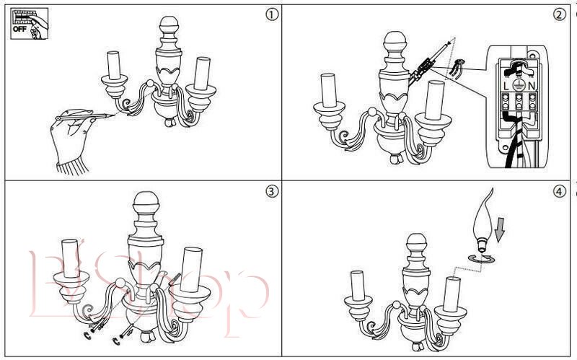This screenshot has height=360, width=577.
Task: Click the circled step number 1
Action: point(272,14)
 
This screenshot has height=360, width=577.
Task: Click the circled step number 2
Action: point(560,14)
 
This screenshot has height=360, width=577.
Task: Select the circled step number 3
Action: point(272,191)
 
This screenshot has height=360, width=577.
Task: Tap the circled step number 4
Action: point(560,191)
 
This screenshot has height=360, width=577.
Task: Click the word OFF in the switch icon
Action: point(19,29)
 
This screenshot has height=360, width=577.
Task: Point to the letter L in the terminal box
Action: point(506,86)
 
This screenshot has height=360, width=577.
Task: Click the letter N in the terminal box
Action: point(532,86)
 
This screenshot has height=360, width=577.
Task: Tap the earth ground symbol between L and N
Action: point(519,85)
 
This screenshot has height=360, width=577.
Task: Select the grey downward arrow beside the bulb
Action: point(499,229)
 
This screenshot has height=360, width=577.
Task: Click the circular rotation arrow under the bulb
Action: point(482,259)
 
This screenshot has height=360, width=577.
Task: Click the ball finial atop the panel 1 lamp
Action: point(169,25)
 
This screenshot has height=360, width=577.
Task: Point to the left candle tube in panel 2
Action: point(329,91)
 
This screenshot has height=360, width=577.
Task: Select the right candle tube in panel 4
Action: point(452,294)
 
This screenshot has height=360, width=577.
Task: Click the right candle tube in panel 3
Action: point(191,269)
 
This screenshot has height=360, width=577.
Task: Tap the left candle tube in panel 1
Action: point(114,66)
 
